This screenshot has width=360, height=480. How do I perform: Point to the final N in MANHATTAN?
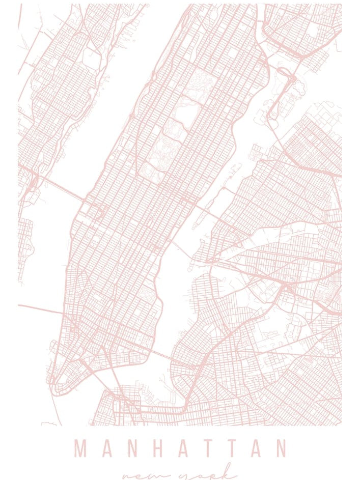281,449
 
